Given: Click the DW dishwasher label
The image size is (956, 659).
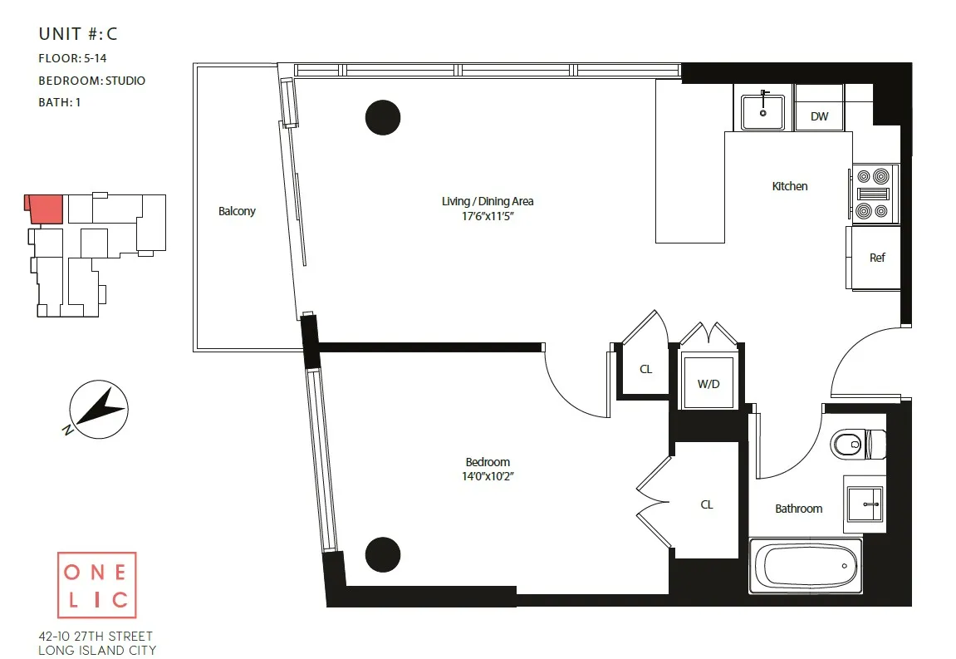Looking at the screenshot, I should coord(819,116).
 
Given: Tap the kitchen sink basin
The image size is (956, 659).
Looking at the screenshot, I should coord(762,111).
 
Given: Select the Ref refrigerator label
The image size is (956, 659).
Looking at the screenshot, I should coord(877,258).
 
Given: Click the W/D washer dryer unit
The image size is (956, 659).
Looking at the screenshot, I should coord(708,383).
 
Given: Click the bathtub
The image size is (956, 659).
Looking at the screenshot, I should coord(805,566).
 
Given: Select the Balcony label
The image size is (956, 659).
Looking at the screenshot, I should coord(237,211).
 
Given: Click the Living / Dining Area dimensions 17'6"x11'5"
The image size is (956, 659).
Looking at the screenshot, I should coord(488,216).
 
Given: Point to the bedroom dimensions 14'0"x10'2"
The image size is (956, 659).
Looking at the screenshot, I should coord(488,477).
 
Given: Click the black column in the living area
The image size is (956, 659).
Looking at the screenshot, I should coord(383,117).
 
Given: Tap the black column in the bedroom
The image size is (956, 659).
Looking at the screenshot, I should coord(383,554).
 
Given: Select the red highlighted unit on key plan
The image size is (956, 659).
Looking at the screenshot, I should coord(47,209).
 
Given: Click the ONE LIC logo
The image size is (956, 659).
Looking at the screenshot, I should coord(96,586).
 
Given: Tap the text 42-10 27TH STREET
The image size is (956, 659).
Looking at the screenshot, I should coord(96,636).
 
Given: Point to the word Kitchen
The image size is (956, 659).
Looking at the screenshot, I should coord(789,186).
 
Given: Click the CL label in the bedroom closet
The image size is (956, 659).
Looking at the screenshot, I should coord(706,504).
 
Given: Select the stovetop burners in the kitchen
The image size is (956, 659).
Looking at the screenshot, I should coord(873,194).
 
